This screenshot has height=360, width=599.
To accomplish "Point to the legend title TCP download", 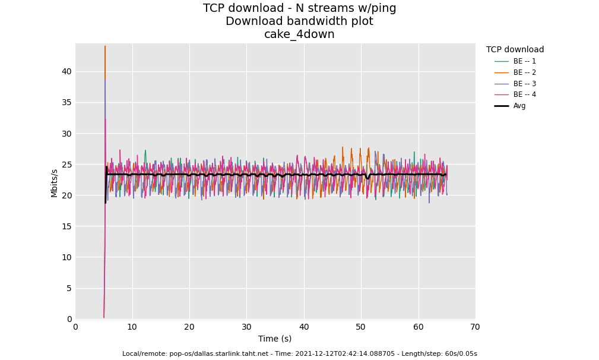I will [515, 50].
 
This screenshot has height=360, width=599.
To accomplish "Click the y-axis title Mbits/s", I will [55, 183].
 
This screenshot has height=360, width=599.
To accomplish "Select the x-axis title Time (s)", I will [275, 339].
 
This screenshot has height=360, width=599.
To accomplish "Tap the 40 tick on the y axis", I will [66, 71].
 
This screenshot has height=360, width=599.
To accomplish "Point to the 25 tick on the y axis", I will [66, 165].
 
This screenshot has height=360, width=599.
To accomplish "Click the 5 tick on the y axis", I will [69, 288].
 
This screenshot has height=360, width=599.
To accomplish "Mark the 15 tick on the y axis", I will [66, 226].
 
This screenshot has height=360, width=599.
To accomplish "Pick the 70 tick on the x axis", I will [475, 327].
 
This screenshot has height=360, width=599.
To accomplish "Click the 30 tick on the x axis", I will [246, 327].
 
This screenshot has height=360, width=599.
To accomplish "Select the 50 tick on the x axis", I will [361, 327].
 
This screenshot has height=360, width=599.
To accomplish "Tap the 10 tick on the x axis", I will [132, 327].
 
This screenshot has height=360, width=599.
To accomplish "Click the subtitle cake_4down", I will [299, 34].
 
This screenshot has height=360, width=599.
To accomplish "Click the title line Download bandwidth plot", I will [299, 21].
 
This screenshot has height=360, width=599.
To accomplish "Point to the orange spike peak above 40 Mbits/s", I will [105, 47].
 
